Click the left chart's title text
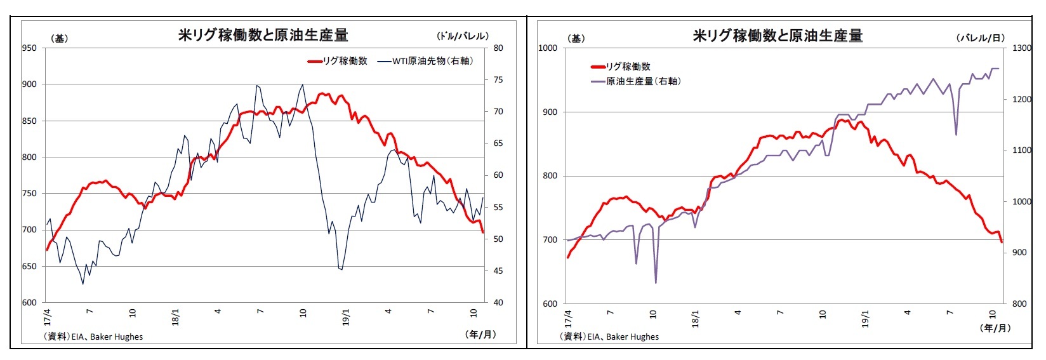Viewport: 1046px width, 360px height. [x=263, y=36]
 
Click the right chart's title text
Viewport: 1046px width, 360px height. [x=778, y=36]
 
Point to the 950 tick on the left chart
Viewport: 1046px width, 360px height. [x=30, y=48]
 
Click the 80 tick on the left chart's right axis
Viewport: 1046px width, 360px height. [x=498, y=48]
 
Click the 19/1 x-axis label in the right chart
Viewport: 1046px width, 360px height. [x=865, y=317]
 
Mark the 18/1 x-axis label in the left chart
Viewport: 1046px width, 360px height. [x=175, y=317]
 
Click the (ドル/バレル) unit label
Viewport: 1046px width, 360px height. [x=462, y=36]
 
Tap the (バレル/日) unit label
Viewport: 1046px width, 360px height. [x=981, y=37]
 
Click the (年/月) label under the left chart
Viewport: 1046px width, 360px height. [x=480, y=334]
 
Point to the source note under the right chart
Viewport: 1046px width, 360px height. [x=609, y=337]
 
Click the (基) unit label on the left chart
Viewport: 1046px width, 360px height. [x=59, y=38]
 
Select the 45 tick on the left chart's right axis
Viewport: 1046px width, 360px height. [x=498, y=271]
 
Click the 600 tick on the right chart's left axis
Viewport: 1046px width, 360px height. [x=549, y=304]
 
